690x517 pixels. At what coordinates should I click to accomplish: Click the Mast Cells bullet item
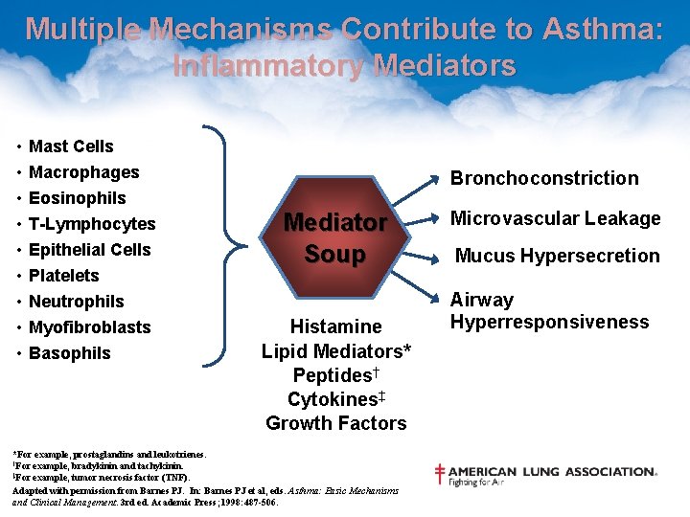click(71, 146)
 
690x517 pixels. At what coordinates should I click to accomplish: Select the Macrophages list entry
click(83, 172)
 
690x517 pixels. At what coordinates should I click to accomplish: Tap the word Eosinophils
click(77, 198)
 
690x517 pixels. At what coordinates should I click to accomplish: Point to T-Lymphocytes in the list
click(92, 224)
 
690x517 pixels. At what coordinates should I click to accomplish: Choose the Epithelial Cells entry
click(89, 250)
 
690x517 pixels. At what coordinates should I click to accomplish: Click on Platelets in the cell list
click(63, 276)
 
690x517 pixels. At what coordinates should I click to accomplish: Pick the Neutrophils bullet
click(76, 302)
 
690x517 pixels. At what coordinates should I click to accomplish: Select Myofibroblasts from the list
click(89, 327)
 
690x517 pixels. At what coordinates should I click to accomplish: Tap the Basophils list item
click(69, 353)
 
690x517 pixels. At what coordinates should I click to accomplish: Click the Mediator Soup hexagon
click(335, 238)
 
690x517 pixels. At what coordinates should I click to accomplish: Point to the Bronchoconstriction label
click(544, 178)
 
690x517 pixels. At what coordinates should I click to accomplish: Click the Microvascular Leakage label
click(556, 218)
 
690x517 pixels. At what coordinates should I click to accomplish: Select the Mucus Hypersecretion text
click(557, 256)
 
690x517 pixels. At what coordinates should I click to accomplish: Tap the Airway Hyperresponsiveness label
click(549, 311)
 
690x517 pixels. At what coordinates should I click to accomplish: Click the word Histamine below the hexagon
click(335, 326)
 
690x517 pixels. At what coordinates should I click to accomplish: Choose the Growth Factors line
click(335, 423)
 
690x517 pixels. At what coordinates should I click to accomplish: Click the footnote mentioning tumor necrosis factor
click(102, 477)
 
